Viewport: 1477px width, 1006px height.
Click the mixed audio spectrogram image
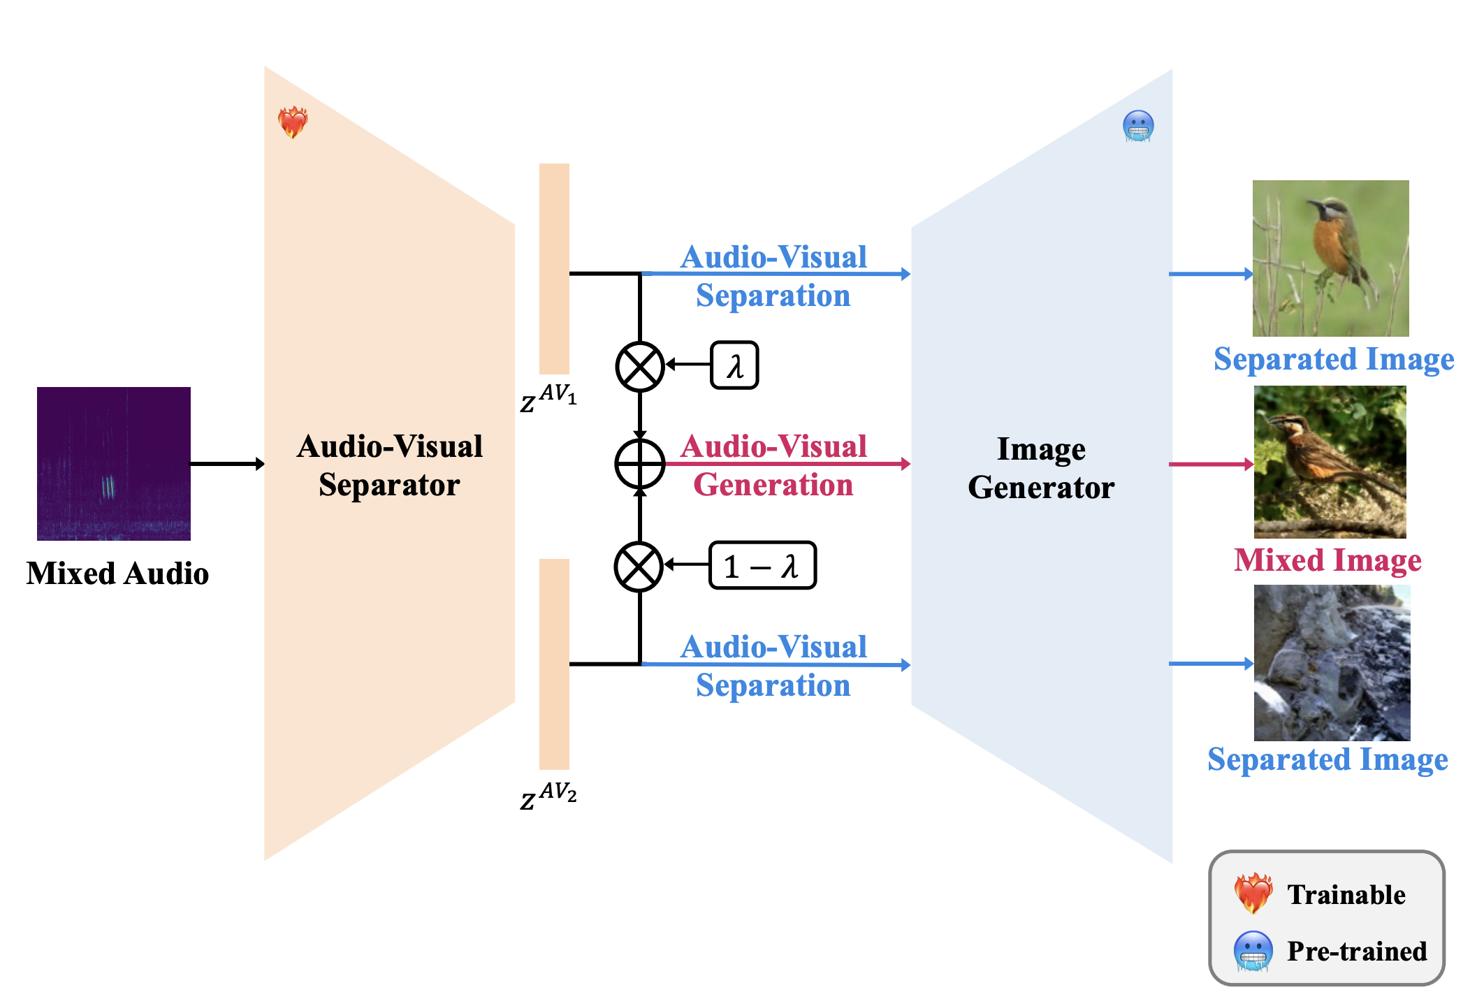(x=114, y=463)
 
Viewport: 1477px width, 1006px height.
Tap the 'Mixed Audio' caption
(x=117, y=574)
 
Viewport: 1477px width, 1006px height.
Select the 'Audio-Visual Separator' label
(x=389, y=465)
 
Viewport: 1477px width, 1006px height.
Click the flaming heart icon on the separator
(x=293, y=122)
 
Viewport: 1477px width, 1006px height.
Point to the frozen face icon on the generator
(x=1138, y=126)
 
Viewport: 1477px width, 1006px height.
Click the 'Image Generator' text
(x=1040, y=468)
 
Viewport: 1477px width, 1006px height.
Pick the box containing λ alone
(x=734, y=365)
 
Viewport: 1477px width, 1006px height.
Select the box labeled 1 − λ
(x=762, y=565)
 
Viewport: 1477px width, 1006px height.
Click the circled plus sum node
(x=639, y=464)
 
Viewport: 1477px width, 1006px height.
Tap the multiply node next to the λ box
(x=639, y=366)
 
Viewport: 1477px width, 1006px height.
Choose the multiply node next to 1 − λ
(x=639, y=566)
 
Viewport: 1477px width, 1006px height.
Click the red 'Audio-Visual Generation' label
(x=773, y=465)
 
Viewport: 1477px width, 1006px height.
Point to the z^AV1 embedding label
(x=548, y=398)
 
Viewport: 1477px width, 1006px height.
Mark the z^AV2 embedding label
(x=548, y=795)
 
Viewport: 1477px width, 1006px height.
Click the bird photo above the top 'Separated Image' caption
(x=1330, y=258)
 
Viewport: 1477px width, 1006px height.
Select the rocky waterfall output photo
(x=1332, y=663)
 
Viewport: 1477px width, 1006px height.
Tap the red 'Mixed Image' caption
(x=1327, y=560)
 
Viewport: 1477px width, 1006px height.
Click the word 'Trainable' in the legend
(x=1346, y=895)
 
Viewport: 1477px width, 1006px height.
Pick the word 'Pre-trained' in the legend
(x=1356, y=952)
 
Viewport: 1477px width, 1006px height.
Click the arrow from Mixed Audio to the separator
(x=226, y=464)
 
